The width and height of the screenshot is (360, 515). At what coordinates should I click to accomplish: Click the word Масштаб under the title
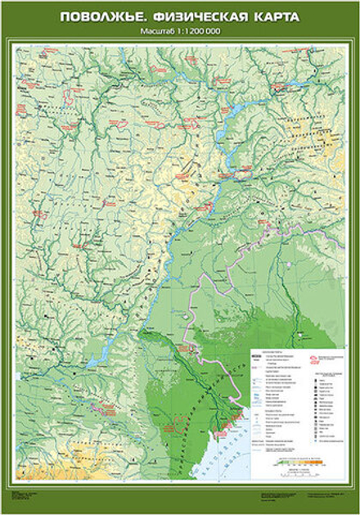point(156,31)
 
